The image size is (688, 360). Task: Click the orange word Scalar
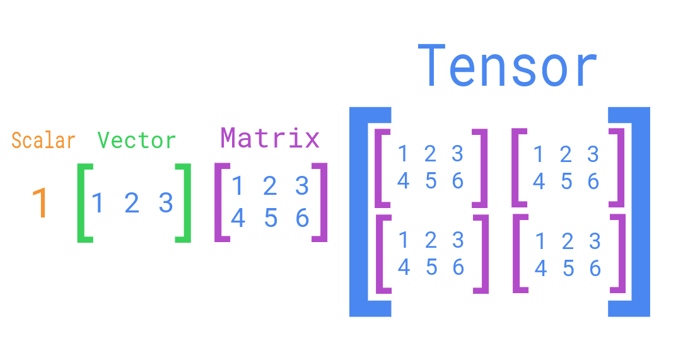[x=43, y=140]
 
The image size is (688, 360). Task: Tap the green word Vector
[x=137, y=140]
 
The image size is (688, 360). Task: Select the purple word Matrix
[x=270, y=137]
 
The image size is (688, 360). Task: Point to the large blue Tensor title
[x=507, y=66]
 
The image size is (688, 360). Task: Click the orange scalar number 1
[x=40, y=203]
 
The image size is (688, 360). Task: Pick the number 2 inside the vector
[x=131, y=203]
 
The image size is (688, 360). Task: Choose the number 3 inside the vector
[x=165, y=203]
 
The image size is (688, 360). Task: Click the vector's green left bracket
[x=82, y=203]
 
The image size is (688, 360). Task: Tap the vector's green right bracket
[x=185, y=203]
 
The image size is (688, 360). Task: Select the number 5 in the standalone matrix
[x=271, y=218]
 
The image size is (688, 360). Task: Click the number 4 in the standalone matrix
[x=238, y=218]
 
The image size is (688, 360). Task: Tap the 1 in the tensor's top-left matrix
[x=403, y=153]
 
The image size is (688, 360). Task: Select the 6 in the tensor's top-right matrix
[x=593, y=182]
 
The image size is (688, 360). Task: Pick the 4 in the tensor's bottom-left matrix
[x=404, y=267]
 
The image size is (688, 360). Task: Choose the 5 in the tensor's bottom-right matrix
[x=568, y=269]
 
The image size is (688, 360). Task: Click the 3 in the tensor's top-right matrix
[x=593, y=154]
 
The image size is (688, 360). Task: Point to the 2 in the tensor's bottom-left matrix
[x=431, y=240]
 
